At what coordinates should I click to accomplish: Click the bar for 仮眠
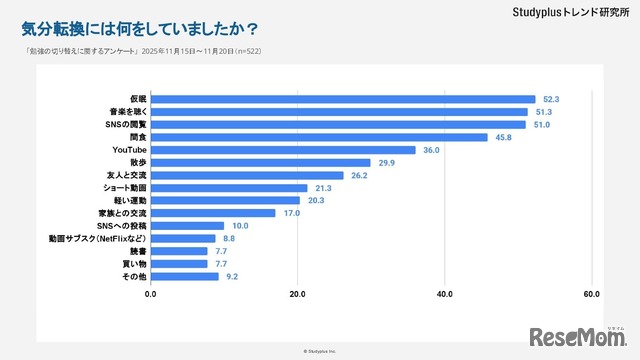(343, 99)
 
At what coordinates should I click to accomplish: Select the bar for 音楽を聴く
(339, 112)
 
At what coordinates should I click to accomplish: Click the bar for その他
(185, 276)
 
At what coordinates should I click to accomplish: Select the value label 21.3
(322, 188)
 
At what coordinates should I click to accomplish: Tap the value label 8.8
(229, 238)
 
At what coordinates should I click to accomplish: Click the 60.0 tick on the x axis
(591, 295)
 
